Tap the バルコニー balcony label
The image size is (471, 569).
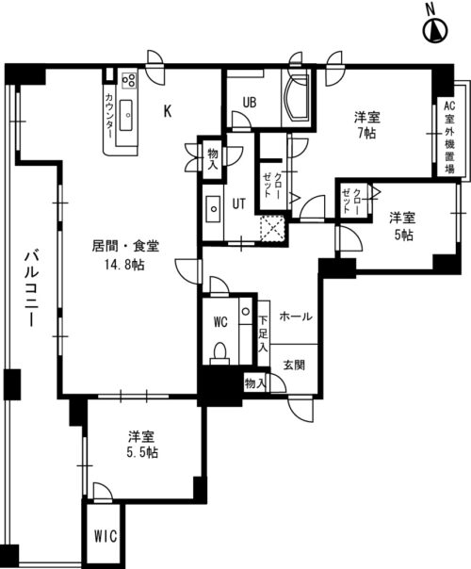32,289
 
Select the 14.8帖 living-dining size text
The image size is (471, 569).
124,265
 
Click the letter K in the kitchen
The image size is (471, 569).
168,111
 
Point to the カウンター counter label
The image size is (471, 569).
109,116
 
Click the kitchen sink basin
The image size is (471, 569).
126,115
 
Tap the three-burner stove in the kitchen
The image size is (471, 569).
129,80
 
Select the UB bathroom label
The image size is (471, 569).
250,103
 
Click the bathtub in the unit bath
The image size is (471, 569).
297,98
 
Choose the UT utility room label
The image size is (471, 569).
238,203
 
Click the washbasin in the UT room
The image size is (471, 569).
213,209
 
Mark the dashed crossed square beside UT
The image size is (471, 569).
272,228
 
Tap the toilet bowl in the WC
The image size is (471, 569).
219,353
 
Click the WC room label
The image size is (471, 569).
220,321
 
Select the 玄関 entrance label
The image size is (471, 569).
294,365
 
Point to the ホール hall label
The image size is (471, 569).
296,317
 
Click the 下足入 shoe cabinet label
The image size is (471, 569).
263,333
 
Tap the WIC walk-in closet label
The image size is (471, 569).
106,536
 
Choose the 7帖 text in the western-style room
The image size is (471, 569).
367,134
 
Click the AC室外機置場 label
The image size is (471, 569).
449,138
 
